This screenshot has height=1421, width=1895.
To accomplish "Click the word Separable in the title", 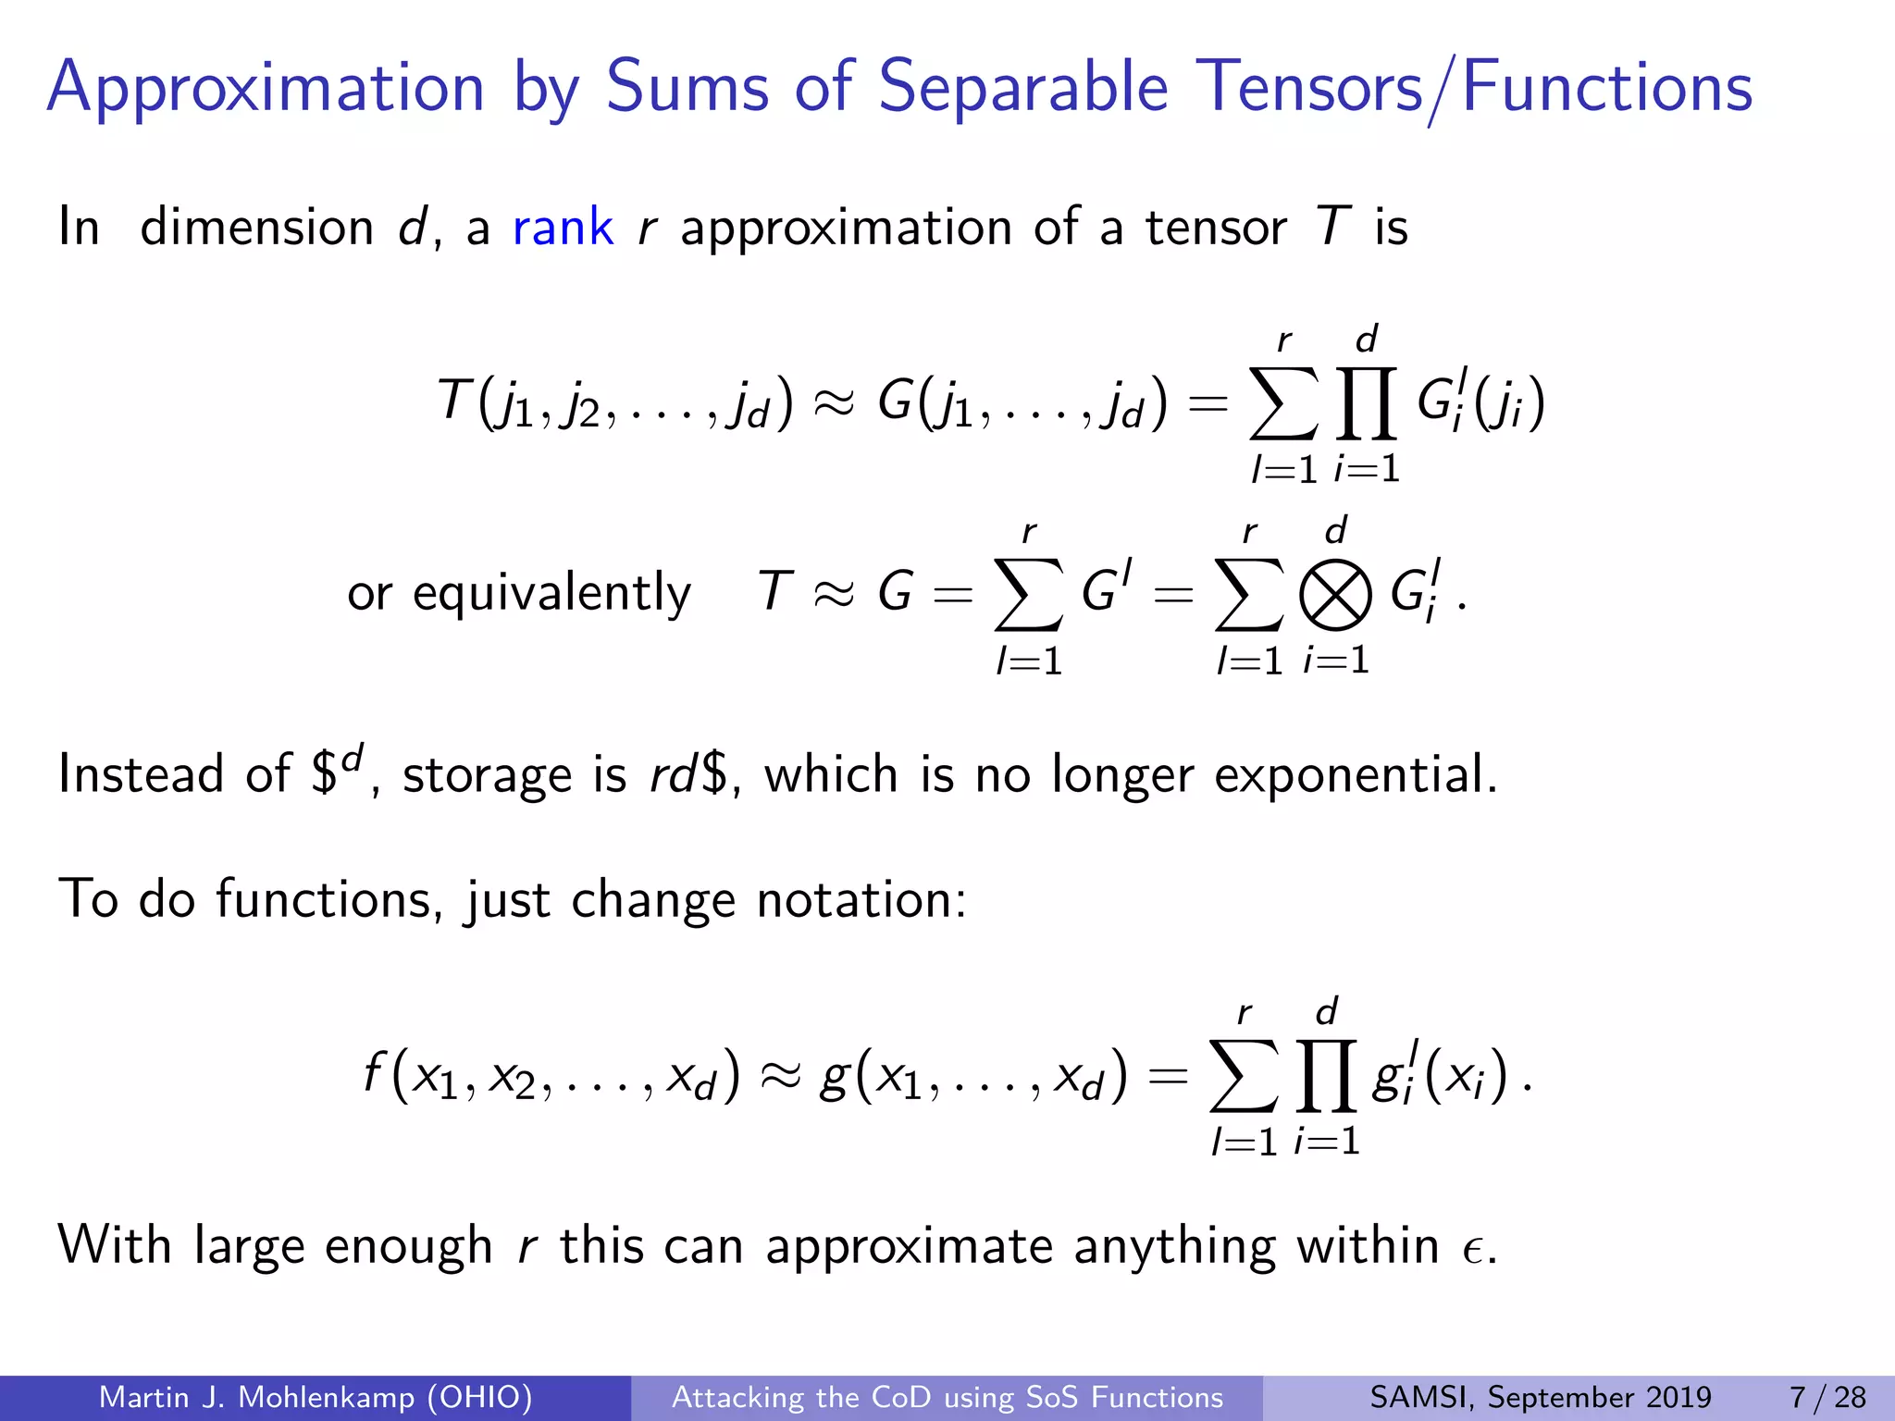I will (x=1022, y=87).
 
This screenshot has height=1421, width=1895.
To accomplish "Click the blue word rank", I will (x=563, y=228).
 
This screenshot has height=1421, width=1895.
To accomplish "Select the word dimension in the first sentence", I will (x=256, y=228).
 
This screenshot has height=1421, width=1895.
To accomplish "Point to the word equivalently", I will (x=551, y=594).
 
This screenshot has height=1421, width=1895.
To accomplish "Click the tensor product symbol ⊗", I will (x=1335, y=595).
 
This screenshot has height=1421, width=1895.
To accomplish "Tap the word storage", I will (x=487, y=775).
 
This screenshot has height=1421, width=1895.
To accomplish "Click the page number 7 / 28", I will (x=1827, y=1397).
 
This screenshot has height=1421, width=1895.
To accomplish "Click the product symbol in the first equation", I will (x=1366, y=403).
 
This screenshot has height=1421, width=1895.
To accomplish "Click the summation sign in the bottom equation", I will (x=1244, y=1076).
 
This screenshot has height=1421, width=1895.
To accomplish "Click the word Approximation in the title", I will (x=266, y=87).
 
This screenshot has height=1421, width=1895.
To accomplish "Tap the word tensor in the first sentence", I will (x=1216, y=228).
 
